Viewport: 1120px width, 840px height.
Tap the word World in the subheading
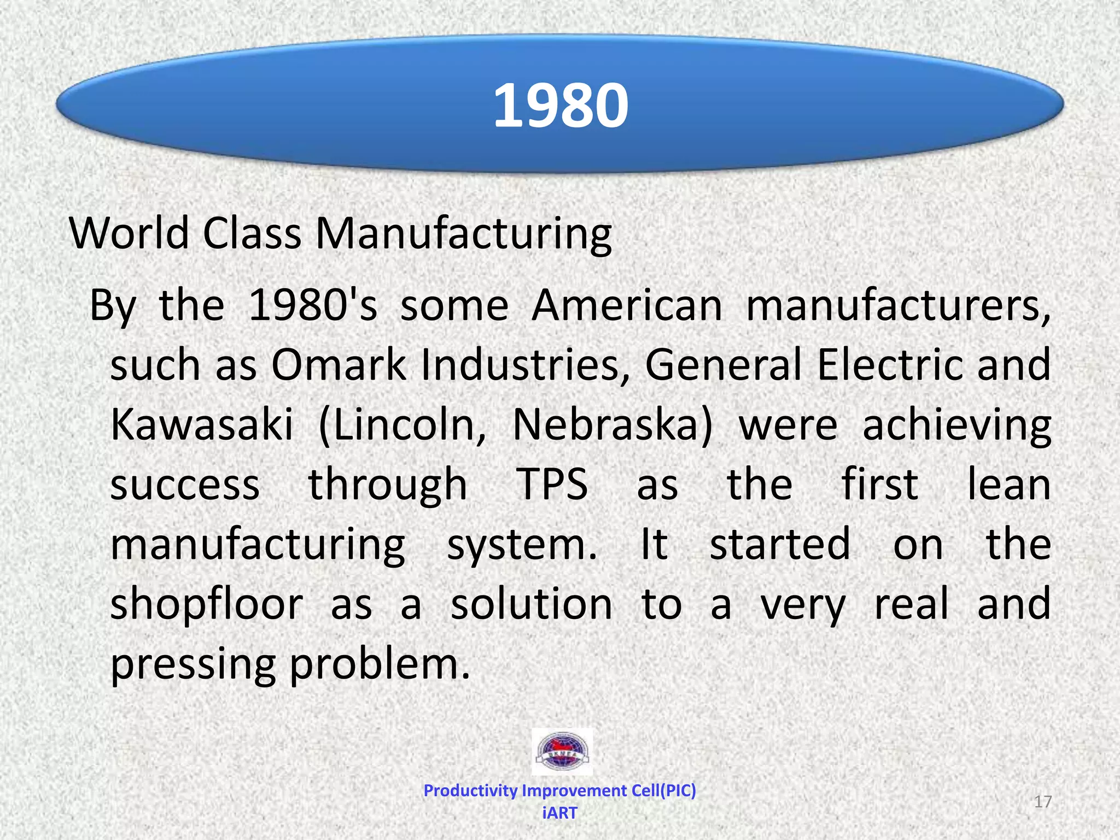[129, 233]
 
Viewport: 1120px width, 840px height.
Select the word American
[627, 305]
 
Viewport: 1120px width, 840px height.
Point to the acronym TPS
[552, 485]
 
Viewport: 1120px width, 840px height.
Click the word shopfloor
[207, 604]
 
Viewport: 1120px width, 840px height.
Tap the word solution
[531, 604]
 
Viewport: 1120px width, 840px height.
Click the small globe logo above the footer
[562, 751]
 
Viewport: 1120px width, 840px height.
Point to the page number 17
[1043, 802]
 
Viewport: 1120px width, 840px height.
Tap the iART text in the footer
[559, 813]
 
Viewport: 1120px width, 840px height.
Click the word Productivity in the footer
[470, 790]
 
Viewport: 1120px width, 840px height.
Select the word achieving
[956, 425]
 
